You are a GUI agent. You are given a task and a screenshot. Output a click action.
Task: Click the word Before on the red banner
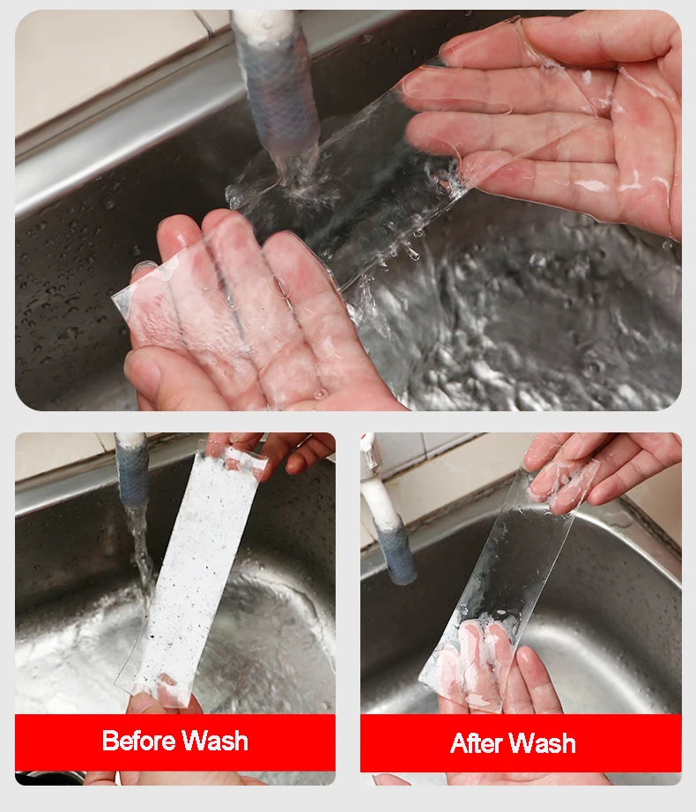pos(139,740)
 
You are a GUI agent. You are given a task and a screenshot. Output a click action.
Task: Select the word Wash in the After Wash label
pos(544,743)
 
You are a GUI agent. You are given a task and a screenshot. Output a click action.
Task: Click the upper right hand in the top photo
pos(544,119)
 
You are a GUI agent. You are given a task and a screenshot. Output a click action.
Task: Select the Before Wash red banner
pos(175,742)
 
